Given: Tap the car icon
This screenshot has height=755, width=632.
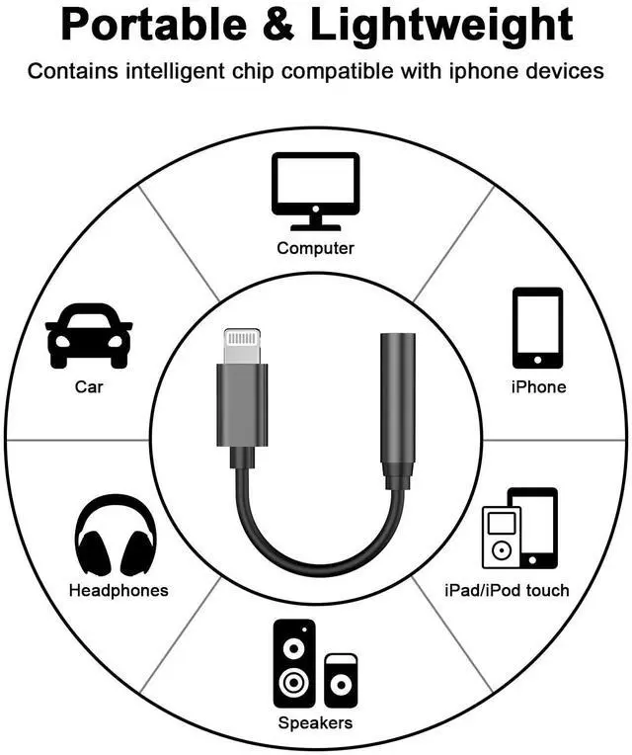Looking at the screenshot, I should coord(89,336).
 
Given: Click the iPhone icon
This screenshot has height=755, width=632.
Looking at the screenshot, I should coord(537,327).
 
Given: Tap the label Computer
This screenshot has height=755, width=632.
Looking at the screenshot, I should coord(315,248).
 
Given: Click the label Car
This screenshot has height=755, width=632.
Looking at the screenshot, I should coord(89,387).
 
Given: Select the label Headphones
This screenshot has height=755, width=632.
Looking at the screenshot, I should coord(118,591).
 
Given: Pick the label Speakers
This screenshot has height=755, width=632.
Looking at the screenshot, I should coord(315,723).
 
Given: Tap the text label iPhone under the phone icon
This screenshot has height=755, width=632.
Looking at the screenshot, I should coord(538,387).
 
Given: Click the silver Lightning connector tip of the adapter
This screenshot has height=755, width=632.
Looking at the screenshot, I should coord(241,347).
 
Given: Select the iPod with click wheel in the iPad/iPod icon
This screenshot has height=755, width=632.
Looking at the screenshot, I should coord(501,539).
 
